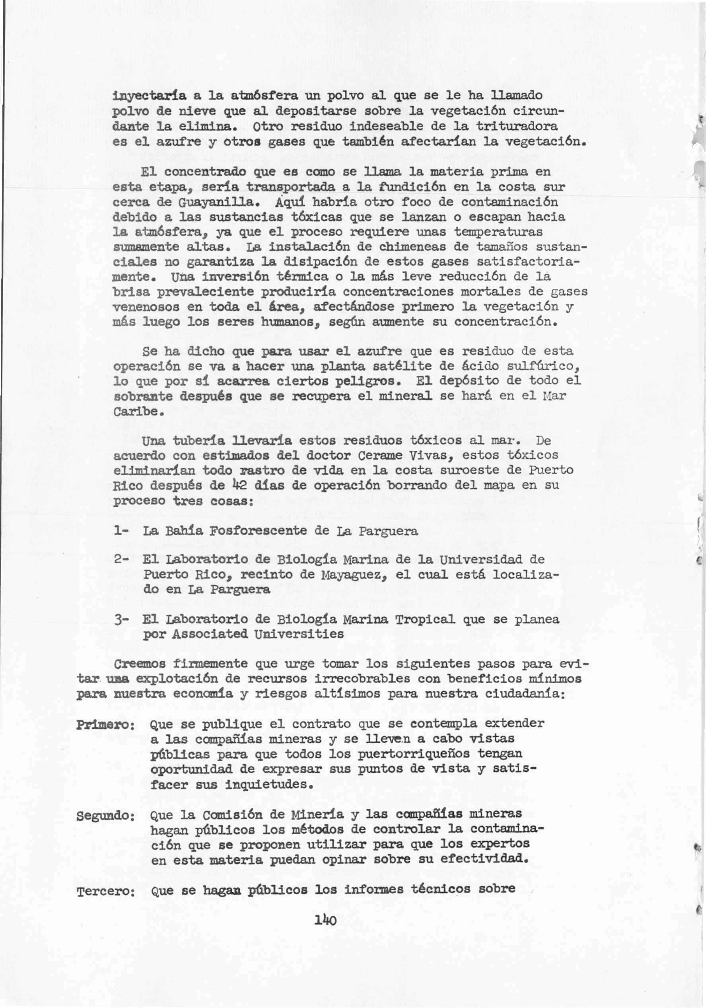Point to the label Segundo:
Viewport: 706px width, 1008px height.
[x=105, y=816]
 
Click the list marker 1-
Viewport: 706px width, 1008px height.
[x=120, y=531]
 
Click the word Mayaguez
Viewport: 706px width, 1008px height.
[x=351, y=575]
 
